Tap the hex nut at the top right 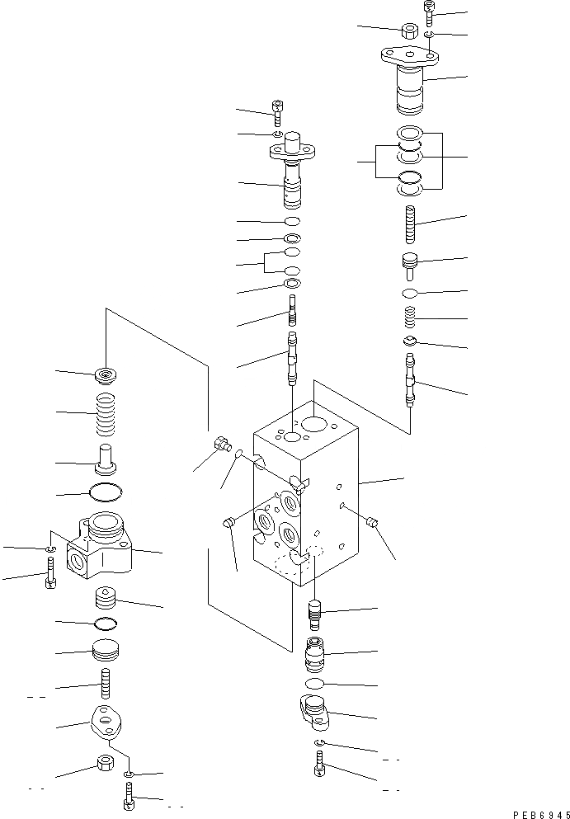[408, 31]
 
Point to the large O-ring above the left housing [106, 493]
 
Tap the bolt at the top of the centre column [277, 107]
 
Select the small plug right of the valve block [371, 522]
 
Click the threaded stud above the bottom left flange [106, 682]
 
